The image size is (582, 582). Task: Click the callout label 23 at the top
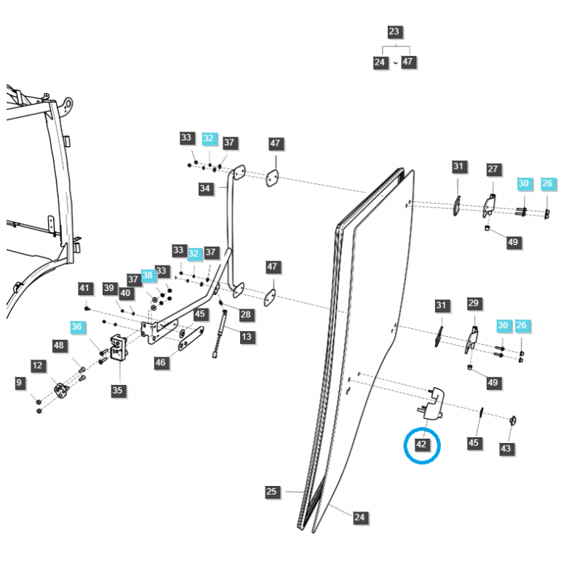[394, 32]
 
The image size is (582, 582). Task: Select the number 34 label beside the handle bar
[205, 188]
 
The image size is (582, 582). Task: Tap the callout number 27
[493, 169]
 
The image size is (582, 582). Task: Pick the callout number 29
[474, 303]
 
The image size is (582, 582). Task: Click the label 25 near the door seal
[271, 492]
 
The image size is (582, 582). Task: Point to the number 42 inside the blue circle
[422, 444]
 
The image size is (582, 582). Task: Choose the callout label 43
[506, 449]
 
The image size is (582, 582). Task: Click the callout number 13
[247, 336]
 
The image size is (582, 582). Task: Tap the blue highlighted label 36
[77, 327]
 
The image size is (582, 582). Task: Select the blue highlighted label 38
[148, 276]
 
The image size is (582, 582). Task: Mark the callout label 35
[118, 391]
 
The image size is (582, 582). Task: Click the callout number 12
[38, 364]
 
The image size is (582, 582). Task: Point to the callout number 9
[20, 382]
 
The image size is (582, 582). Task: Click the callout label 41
[84, 289]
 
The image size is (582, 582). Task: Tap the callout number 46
[161, 362]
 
